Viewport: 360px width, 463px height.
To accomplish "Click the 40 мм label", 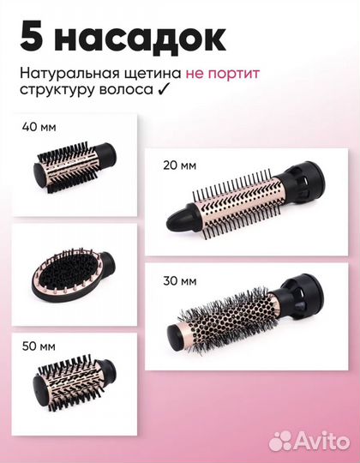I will tap(39, 128).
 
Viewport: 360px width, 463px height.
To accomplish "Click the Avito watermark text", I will tap(315, 441).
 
